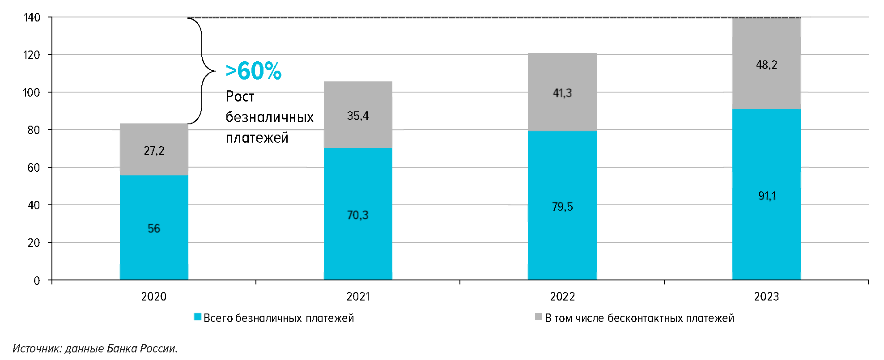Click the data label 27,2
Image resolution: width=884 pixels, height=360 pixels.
click(x=154, y=151)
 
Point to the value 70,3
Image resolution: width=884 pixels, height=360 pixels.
click(x=358, y=215)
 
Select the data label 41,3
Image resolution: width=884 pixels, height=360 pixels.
click(x=562, y=93)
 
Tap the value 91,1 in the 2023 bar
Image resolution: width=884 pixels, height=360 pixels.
click(x=767, y=196)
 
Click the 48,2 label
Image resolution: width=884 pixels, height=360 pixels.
click(x=766, y=65)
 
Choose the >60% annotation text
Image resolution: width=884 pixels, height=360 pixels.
click(x=253, y=71)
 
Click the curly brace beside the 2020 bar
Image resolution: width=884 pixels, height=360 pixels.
click(x=202, y=71)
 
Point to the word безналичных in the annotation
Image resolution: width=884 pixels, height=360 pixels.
click(x=269, y=117)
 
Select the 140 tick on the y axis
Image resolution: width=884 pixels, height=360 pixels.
click(x=32, y=17)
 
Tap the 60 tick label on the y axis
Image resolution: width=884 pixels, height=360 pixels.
click(x=34, y=168)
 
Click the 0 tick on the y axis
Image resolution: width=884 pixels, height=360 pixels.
click(x=37, y=281)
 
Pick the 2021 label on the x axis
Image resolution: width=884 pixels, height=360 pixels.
click(x=358, y=296)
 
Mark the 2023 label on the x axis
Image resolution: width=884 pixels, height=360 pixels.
click(x=766, y=296)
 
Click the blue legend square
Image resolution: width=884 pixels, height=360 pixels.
click(x=197, y=317)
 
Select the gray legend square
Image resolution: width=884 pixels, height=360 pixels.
click(x=539, y=317)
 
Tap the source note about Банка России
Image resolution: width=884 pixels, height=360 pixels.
click(x=95, y=348)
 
